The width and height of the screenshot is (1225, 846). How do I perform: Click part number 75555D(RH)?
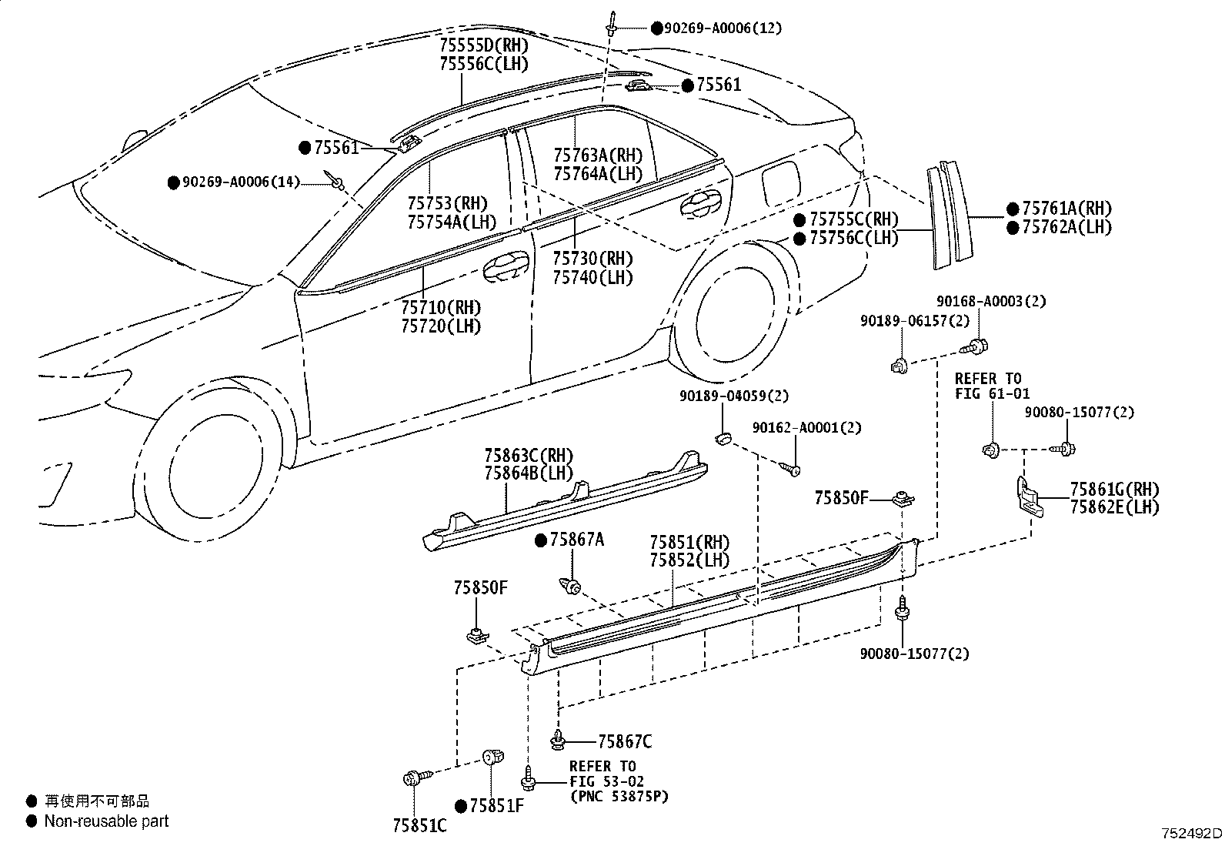coord(484,45)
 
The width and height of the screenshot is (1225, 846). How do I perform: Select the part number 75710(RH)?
coord(440,308)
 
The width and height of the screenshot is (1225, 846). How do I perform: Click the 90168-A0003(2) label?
coord(991,301)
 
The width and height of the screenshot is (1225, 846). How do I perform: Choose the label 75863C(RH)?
coord(529,456)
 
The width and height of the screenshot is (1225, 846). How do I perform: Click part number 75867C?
coord(625,741)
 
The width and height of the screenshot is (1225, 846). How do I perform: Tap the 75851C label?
coord(419,824)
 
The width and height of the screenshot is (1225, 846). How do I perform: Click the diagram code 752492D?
coord(1191,833)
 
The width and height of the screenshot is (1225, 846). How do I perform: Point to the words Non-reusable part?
coord(106,821)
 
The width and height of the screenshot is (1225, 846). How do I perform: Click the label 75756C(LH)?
coord(853,238)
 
